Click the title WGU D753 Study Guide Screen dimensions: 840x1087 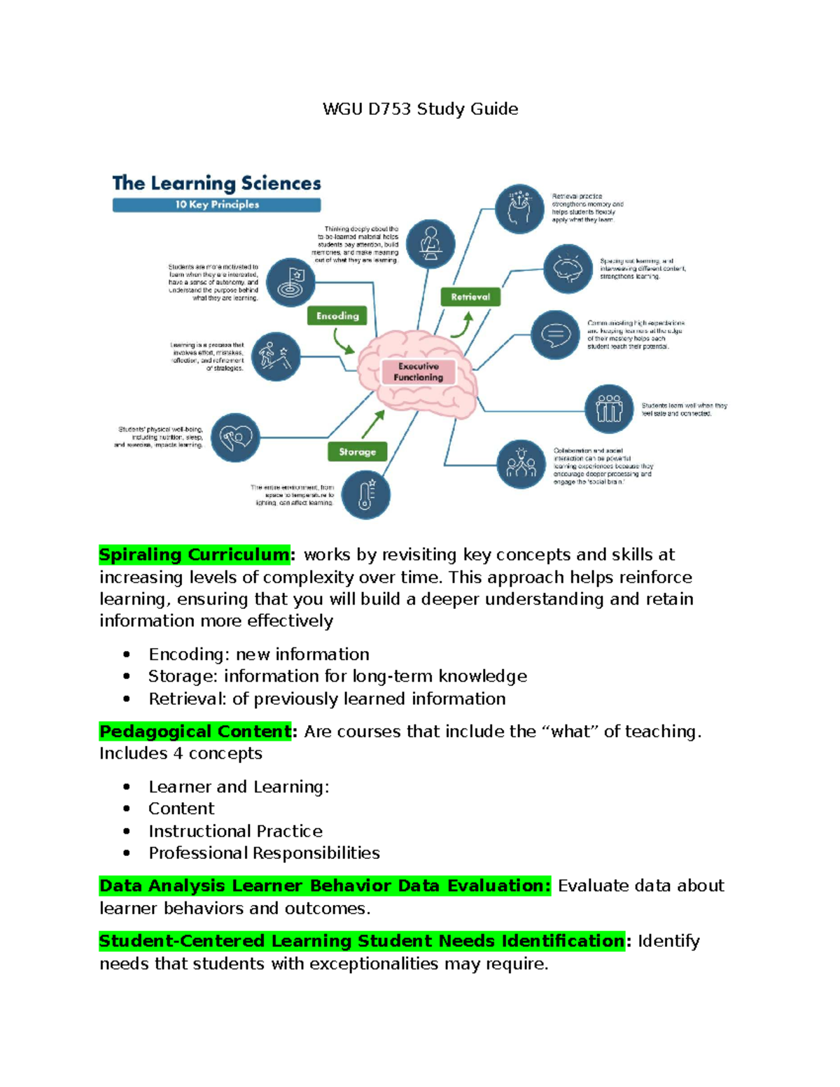[420, 109]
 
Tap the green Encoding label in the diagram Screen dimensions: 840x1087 [337, 316]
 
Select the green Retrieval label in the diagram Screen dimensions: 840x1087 [470, 297]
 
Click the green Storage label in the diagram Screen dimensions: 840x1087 [357, 451]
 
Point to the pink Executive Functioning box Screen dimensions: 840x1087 [418, 372]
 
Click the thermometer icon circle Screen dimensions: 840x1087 [365, 494]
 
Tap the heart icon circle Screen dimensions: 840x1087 [235, 437]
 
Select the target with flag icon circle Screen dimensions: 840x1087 [290, 282]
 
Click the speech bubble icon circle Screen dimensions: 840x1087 [555, 335]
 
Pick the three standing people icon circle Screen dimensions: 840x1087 [609, 409]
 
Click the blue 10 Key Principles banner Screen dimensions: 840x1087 [216, 204]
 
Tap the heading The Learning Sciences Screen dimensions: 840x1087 [216, 183]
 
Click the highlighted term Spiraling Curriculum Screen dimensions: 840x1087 [194, 555]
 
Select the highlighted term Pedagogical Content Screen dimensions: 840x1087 [195, 731]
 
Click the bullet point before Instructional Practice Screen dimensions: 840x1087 [127, 831]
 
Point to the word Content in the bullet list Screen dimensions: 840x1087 [181, 808]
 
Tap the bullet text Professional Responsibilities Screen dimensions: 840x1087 [264, 853]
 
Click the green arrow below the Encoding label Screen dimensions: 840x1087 [343, 341]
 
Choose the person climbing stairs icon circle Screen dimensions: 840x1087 [275, 356]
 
